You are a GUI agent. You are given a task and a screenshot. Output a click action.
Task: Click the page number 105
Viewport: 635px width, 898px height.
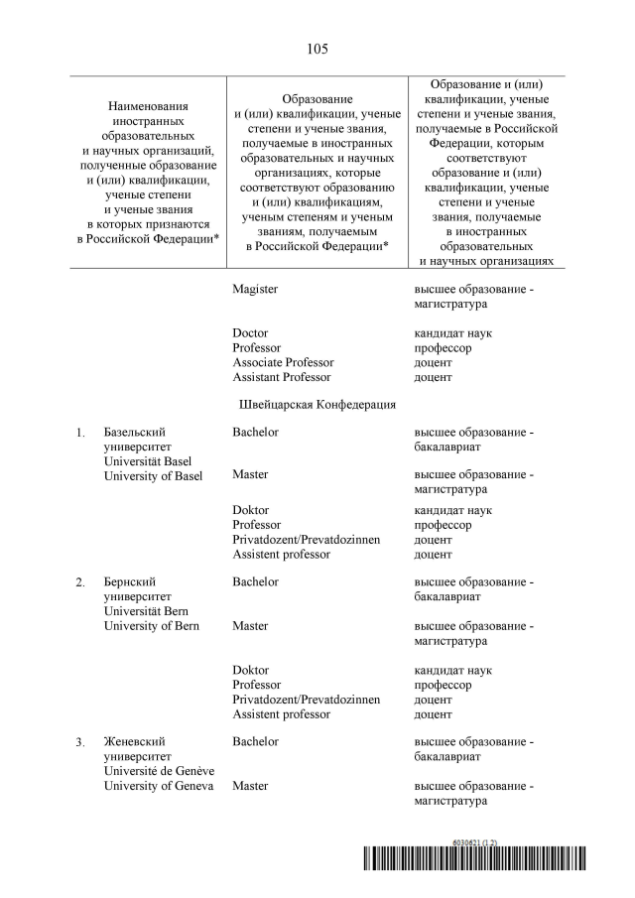coord(317,49)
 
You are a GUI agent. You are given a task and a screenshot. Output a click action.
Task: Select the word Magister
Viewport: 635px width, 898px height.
coord(255,289)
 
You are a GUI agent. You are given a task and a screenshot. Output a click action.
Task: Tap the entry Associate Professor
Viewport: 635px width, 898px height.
coord(283,362)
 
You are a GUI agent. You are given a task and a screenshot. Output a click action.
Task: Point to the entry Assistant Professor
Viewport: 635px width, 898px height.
coord(282,377)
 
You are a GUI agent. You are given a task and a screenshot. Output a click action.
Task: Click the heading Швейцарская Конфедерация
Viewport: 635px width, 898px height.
coord(317,405)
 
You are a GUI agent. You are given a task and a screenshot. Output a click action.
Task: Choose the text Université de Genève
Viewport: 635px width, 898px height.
coord(159,771)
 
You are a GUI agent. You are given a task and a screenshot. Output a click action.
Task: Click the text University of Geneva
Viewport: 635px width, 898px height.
coord(159,786)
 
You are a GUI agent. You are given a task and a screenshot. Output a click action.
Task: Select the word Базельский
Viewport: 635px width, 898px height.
coord(134,433)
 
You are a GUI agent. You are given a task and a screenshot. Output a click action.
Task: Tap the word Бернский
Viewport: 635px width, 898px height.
coord(130,582)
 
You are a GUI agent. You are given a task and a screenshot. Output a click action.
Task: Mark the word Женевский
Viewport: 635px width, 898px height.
coord(134,742)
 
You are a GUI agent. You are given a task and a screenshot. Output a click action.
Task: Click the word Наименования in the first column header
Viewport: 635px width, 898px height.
coord(148,105)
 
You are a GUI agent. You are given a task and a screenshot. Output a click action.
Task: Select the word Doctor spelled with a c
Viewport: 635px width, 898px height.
coord(250,333)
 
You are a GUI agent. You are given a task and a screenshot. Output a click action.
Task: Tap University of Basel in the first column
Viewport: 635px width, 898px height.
coord(153,475)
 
